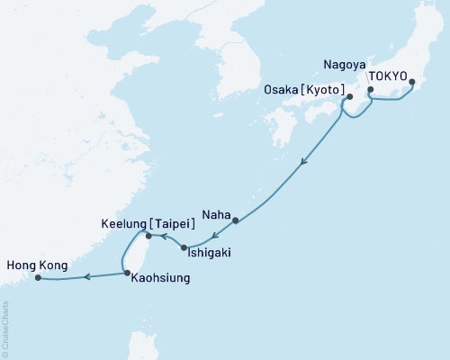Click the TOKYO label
pos(389,76)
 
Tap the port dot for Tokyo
pos(412,83)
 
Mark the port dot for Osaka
pos(348,96)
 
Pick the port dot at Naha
pos(235,220)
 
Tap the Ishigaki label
pos(209,254)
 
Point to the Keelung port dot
pos(148,237)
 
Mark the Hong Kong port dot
pos(38,278)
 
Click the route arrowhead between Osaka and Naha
pos(304,163)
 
